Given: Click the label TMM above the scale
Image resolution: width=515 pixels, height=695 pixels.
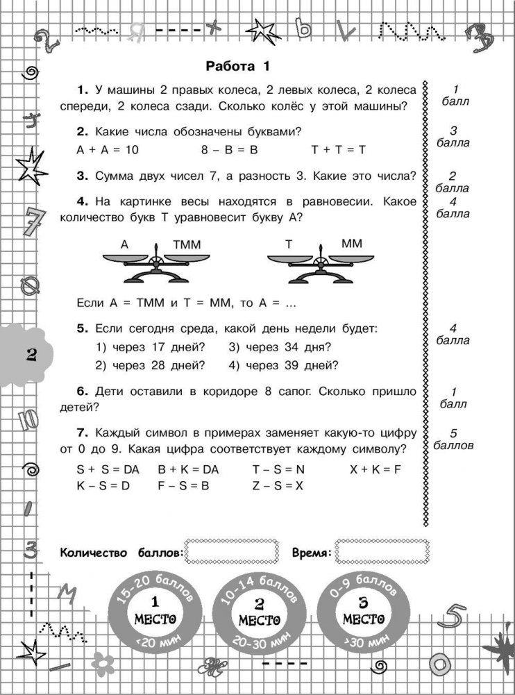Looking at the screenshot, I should tap(185, 244).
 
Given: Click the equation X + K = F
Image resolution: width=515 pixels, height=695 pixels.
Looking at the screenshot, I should tap(375, 469).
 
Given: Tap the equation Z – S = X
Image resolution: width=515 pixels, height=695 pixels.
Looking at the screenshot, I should tap(278, 486).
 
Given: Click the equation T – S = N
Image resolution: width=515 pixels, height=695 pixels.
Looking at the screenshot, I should tap(278, 469).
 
